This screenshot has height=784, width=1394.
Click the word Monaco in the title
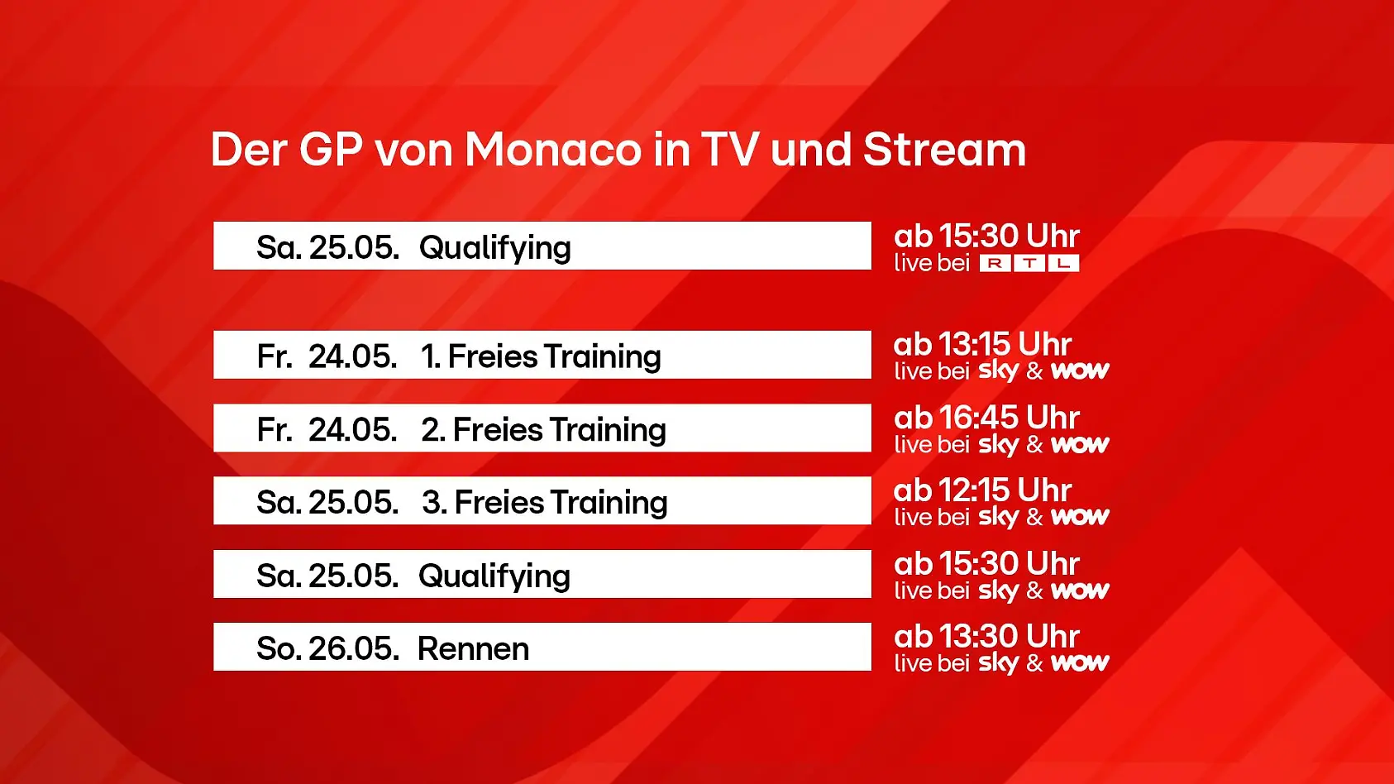[552, 150]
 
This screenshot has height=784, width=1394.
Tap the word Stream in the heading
[944, 150]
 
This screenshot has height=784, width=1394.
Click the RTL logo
[1029, 264]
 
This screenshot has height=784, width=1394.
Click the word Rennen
[473, 649]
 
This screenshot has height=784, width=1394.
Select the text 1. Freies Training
[541, 356]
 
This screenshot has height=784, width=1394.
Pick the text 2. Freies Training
[543, 430]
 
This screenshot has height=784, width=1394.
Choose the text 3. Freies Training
[544, 503]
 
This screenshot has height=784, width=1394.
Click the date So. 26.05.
[327, 649]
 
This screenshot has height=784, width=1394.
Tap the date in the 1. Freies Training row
[327, 356]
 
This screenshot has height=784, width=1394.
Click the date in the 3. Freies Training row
[327, 503]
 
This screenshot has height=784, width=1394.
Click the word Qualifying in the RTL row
[494, 248]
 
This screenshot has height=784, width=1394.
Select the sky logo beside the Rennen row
[998, 663]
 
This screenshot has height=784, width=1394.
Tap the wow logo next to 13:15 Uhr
[1080, 370]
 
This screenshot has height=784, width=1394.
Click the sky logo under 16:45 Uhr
[998, 445]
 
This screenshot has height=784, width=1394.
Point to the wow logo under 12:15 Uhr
[1080, 517]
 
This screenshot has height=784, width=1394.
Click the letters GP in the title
[331, 150]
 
